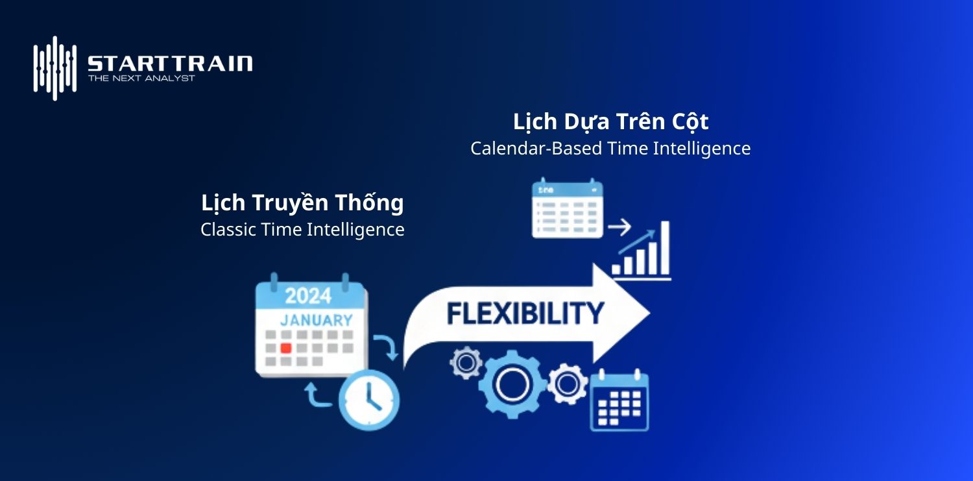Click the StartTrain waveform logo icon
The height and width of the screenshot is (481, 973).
coord(55,68)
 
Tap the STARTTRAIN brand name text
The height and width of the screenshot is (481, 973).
coord(170,64)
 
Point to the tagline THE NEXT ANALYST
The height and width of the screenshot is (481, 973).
coord(141,79)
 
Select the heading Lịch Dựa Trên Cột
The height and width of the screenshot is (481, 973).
coord(610,121)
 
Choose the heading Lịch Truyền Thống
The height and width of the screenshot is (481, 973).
coord(302,203)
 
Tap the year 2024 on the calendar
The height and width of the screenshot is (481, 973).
coord(309,296)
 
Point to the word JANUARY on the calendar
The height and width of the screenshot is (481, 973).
coord(316,320)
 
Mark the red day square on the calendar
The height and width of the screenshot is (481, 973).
coord(285,348)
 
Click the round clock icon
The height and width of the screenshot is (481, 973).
coord(369,400)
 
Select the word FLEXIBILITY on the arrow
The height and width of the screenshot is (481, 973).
coord(525,314)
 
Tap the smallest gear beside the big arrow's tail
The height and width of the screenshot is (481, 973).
coord(466,364)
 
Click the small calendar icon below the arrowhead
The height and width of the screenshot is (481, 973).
coord(619,401)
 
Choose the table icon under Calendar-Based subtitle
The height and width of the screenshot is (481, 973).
coord(567,208)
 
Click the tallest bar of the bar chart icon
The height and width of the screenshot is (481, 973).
coord(664,248)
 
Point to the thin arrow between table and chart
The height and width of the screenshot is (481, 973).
coord(619,228)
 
